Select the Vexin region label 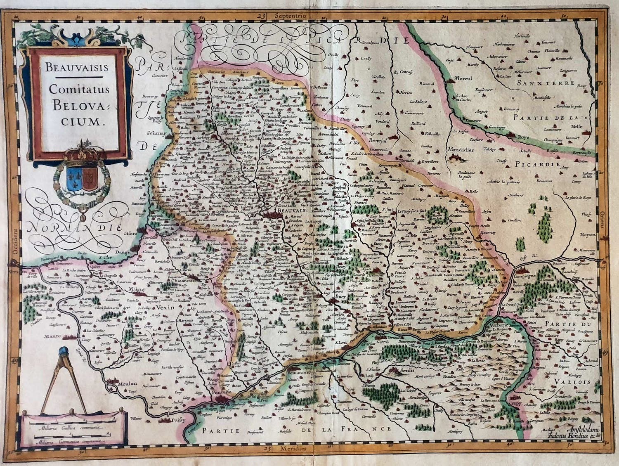(x=163, y=308)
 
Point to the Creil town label (x=383, y=341)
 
